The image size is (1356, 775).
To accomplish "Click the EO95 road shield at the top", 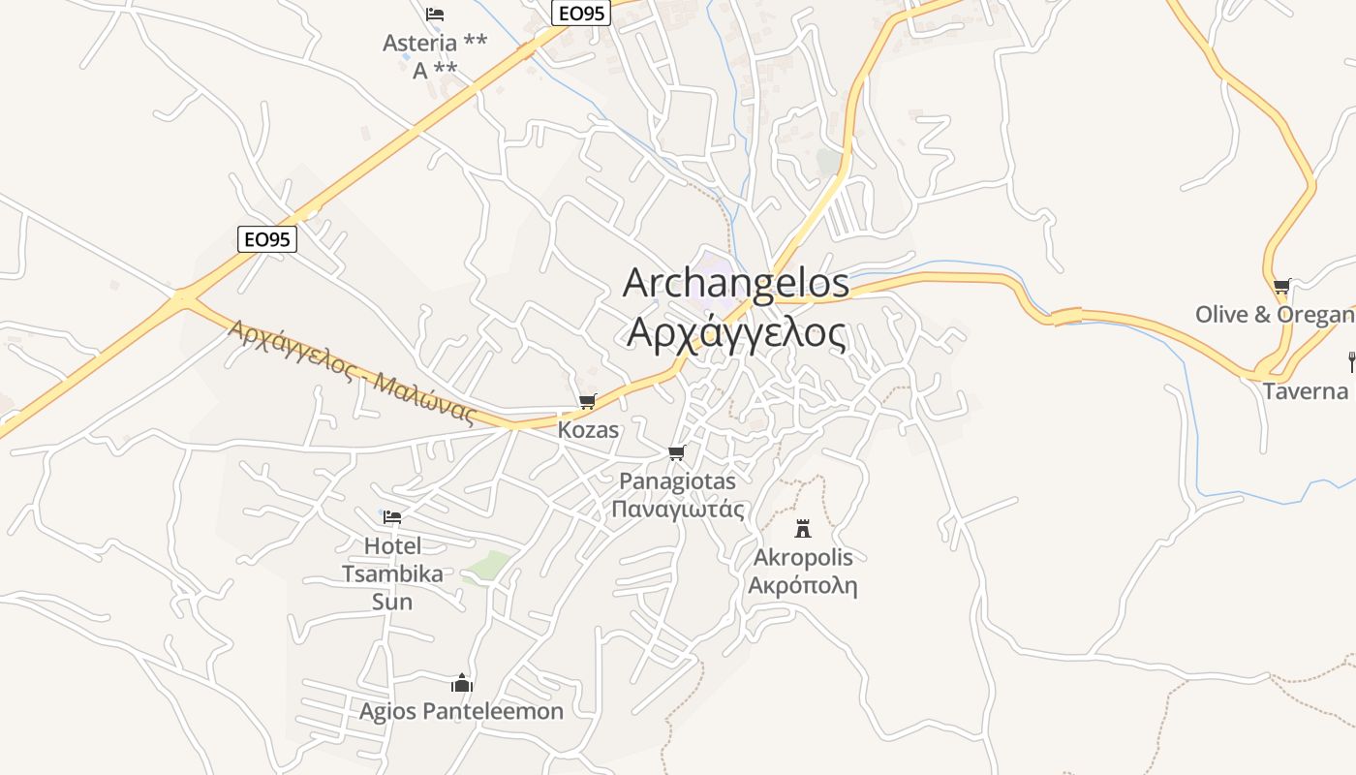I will (581, 13).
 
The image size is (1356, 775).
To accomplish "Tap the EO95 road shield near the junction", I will (266, 239).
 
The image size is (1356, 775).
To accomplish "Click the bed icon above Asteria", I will (435, 15).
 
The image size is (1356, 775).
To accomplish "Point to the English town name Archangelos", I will (735, 284).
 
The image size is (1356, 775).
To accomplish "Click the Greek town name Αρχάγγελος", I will (736, 332).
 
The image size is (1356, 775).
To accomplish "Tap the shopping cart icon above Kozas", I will (587, 401).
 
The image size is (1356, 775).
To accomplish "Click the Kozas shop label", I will (588, 429).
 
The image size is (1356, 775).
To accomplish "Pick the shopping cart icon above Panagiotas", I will (677, 452).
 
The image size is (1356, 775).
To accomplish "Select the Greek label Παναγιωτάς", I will (678, 510).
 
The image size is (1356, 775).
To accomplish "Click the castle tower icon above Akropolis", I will (803, 528).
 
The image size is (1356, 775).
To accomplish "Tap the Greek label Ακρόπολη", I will (803, 586).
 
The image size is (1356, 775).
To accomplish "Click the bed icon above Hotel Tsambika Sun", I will (392, 516).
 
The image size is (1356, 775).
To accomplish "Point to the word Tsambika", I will (392, 573).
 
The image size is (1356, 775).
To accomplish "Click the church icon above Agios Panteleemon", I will (462, 683).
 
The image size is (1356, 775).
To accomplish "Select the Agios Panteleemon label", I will (461, 712).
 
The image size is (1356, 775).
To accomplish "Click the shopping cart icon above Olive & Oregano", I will (1281, 286).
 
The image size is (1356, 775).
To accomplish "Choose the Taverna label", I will (1306, 391).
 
